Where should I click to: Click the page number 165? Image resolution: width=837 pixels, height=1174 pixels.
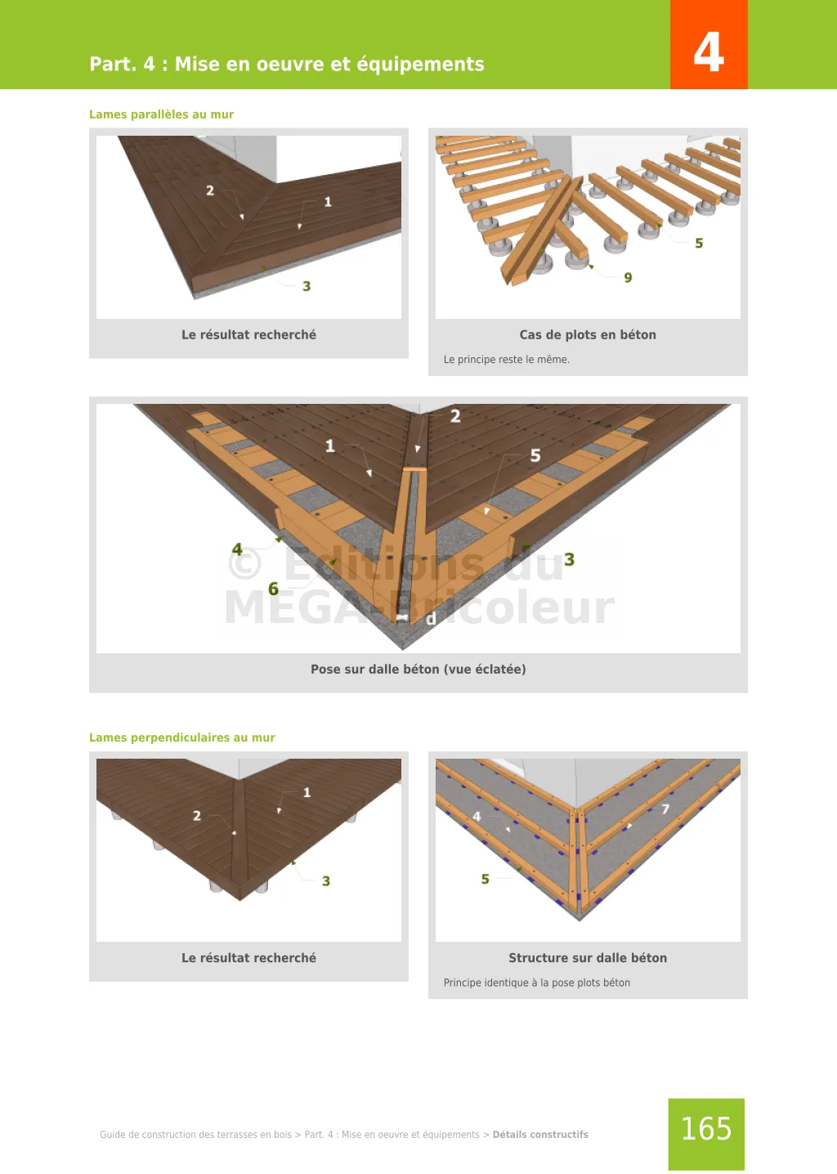click(x=706, y=1128)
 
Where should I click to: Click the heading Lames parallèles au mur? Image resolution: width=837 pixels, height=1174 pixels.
click(x=161, y=114)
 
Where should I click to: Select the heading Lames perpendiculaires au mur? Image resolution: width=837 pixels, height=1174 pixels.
click(x=181, y=737)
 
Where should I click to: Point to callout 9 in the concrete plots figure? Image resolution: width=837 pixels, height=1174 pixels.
click(x=628, y=278)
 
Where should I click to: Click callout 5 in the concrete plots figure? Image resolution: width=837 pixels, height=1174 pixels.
click(x=699, y=243)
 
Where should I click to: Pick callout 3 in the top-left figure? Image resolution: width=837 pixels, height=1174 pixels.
click(x=307, y=286)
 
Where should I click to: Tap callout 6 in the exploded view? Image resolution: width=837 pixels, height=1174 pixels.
click(x=273, y=589)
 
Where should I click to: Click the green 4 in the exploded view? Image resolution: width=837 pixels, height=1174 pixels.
click(x=237, y=549)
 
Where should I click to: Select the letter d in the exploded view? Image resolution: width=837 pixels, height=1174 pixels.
click(x=431, y=619)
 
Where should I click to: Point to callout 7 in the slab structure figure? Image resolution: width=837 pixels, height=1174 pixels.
click(x=665, y=809)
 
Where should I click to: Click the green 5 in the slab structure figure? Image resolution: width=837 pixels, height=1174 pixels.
click(x=486, y=879)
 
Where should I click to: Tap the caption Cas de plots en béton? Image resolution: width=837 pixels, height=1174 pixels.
click(x=588, y=334)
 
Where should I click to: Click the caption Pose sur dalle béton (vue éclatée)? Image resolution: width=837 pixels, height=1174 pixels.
click(x=418, y=669)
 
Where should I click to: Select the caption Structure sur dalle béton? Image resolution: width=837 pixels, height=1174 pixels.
click(x=588, y=957)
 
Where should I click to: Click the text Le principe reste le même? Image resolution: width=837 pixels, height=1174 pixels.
click(x=506, y=360)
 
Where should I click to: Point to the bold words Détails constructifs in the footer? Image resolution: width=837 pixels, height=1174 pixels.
click(x=540, y=1134)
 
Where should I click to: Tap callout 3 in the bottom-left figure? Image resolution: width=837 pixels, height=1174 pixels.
click(x=326, y=881)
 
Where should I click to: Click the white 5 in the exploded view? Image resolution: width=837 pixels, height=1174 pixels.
click(x=535, y=455)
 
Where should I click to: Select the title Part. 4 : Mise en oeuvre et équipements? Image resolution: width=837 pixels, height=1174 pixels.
click(x=287, y=64)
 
